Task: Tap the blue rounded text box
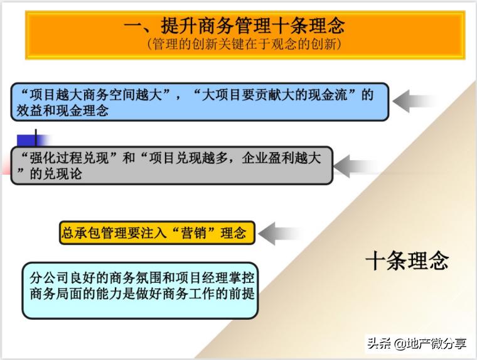click(x=200, y=102)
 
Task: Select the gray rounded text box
click(x=171, y=165)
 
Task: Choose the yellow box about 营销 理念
click(x=157, y=233)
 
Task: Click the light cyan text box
click(x=140, y=290)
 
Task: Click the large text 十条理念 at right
click(x=407, y=260)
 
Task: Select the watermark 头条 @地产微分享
click(x=417, y=343)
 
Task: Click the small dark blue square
click(x=26, y=140)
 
